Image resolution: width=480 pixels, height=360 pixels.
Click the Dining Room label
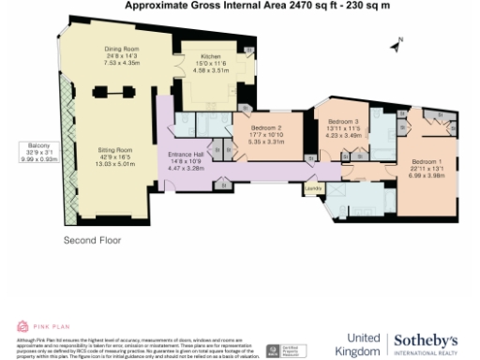coord(121,49)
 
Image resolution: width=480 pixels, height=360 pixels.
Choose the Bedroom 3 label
coord(343,122)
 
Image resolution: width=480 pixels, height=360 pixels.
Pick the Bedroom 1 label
coord(427,161)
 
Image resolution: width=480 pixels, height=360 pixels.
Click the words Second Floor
coord(93,240)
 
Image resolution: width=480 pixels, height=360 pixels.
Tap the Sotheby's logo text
coord(426,339)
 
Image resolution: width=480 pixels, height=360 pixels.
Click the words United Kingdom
coord(363,343)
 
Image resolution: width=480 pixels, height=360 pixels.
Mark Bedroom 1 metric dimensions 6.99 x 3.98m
coord(427,174)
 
